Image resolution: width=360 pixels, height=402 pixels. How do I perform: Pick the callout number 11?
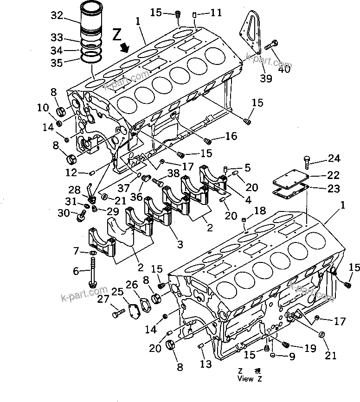pyautogui.click(x=216, y=13)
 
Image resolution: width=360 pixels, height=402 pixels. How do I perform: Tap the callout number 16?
pyautogui.click(x=231, y=136)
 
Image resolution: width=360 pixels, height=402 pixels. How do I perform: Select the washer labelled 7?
pyautogui.click(x=93, y=253)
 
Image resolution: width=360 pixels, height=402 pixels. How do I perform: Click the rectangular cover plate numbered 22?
pyautogui.click(x=288, y=177)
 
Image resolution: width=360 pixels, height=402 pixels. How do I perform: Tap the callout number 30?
pyautogui.click(x=64, y=212)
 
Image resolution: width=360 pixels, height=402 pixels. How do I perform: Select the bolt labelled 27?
pyautogui.click(x=117, y=314)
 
